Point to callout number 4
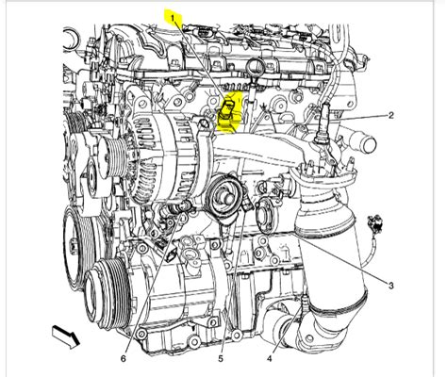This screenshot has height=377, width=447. click(270, 357)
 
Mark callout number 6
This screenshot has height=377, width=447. click(124, 357)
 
